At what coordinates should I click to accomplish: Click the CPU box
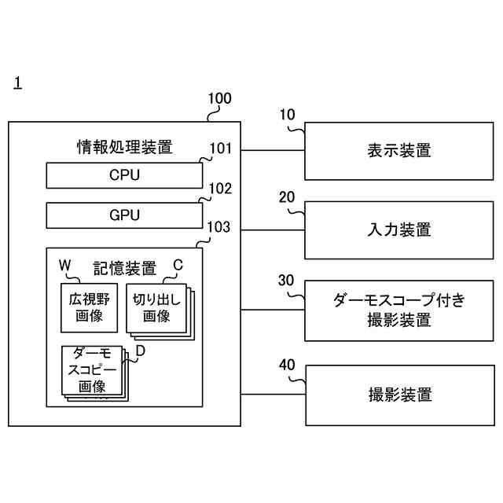124,175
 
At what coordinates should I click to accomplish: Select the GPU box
124,215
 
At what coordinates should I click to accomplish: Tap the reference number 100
220,98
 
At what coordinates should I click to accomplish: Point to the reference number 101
220,149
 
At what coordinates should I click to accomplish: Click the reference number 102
220,189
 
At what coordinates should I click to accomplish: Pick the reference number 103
218,227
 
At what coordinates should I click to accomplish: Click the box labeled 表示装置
399,151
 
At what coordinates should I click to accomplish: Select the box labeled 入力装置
399,230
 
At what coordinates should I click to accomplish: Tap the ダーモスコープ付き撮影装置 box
399,311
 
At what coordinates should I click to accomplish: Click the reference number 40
287,365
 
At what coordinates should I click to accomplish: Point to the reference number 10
287,115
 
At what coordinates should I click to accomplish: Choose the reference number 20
286,197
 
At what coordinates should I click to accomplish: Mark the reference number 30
286,281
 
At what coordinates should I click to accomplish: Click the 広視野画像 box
89,308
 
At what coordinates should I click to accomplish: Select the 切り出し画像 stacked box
160,312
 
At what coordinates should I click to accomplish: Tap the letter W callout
64,266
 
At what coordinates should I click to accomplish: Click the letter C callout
178,266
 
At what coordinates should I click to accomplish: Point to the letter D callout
140,351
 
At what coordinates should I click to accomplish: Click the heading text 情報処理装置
125,147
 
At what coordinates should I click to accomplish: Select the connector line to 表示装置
273,150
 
